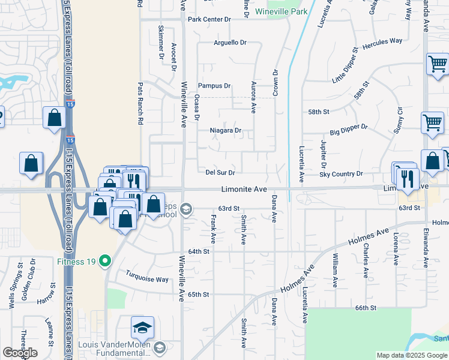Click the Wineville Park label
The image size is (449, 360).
[281, 11]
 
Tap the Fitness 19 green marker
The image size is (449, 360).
[106, 261]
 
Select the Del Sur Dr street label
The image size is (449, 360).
[220, 172]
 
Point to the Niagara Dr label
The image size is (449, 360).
[225, 130]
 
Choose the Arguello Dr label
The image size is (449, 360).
[231, 43]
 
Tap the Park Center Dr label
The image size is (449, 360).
[209, 19]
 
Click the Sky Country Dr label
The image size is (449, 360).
[341, 173]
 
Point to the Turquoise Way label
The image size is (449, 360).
[147, 279]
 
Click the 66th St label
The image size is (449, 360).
[365, 308]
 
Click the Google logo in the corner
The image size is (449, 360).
[20, 353]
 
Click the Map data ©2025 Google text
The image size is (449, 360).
[411, 355]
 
